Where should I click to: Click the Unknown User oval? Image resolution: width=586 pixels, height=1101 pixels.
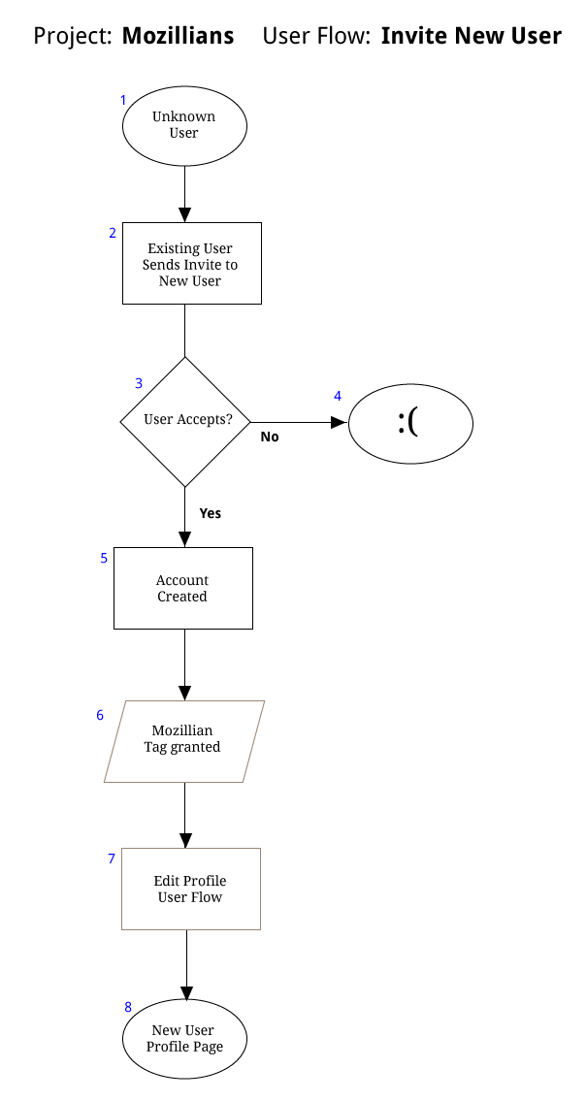[184, 126]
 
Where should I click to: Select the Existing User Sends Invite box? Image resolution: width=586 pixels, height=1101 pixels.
[192, 263]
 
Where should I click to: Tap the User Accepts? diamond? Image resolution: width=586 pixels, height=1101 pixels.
[185, 421]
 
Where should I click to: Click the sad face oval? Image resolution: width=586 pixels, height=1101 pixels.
[411, 423]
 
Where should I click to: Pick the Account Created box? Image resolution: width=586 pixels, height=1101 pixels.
[183, 589]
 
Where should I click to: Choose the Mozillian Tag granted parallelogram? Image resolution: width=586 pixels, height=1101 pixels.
[184, 741]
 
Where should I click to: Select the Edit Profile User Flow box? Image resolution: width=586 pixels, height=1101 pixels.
[191, 889]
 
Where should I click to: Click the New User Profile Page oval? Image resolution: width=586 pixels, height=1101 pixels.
[184, 1039]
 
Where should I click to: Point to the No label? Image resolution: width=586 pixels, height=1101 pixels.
[270, 437]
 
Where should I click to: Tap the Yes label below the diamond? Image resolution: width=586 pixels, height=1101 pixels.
[211, 513]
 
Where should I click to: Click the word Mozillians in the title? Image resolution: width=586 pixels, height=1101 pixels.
[178, 36]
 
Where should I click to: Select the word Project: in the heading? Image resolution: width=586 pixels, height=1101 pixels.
[73, 37]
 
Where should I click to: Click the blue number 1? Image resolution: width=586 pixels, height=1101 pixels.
[123, 101]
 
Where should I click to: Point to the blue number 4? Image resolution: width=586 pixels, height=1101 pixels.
[338, 396]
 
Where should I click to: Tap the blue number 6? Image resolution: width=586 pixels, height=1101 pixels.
[100, 715]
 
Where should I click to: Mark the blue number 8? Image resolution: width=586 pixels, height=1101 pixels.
[128, 1007]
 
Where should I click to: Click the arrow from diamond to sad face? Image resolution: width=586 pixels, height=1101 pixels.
[300, 422]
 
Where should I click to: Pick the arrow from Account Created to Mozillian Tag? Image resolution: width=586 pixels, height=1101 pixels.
[184, 664]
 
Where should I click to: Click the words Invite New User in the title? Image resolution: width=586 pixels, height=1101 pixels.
[472, 36]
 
